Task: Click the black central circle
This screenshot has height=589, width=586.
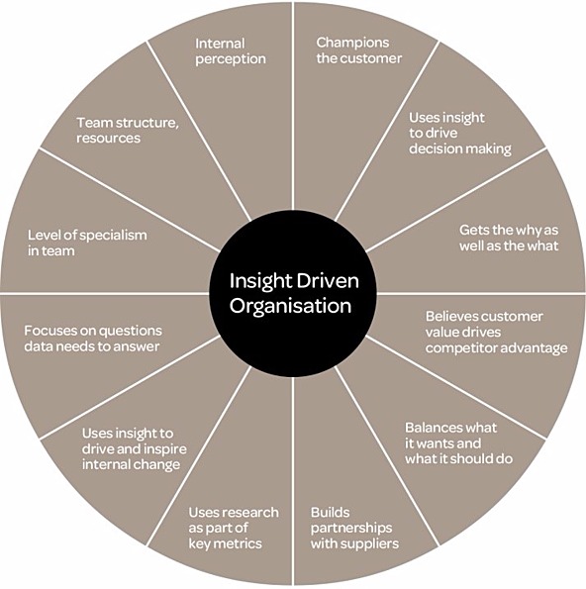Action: [293, 293]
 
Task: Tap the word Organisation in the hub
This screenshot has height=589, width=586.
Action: [290, 306]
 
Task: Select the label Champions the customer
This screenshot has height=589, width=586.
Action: [358, 50]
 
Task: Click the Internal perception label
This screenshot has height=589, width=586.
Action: [231, 51]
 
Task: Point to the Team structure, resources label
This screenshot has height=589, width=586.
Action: [128, 130]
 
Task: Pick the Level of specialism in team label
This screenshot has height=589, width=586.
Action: [87, 243]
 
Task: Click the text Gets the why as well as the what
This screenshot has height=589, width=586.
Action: [509, 238]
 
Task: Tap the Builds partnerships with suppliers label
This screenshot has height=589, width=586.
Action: [354, 528]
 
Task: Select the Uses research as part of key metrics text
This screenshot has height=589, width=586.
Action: [234, 528]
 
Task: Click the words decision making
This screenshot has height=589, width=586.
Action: [460, 149]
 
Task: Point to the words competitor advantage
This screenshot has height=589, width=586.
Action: [496, 348]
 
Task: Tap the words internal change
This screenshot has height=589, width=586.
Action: [131, 464]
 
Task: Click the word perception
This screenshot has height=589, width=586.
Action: [231, 59]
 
